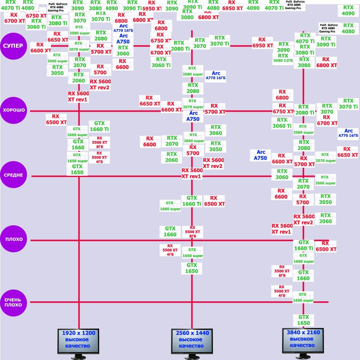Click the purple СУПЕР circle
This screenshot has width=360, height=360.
13,46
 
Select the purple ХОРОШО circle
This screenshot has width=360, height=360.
13,110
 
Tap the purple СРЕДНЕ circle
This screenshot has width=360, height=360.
13,175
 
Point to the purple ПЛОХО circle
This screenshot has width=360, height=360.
13,239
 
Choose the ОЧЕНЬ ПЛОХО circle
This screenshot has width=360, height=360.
13,302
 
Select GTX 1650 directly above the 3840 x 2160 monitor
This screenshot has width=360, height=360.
303,320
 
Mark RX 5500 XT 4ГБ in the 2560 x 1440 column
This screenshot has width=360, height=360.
170,250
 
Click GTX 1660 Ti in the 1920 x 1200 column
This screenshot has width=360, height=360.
99,126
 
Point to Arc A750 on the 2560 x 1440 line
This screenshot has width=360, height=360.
193,116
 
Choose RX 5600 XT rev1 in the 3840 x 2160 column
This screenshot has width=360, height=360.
282,229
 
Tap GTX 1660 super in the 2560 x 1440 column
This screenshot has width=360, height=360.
170,206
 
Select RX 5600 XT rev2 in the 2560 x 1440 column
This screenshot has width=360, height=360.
213,163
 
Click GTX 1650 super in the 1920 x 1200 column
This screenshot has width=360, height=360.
77,158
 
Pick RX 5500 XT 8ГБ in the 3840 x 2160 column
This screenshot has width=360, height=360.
282,271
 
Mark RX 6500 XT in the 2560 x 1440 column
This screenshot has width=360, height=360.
214,201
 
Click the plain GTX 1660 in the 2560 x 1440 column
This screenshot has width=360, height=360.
170,231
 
